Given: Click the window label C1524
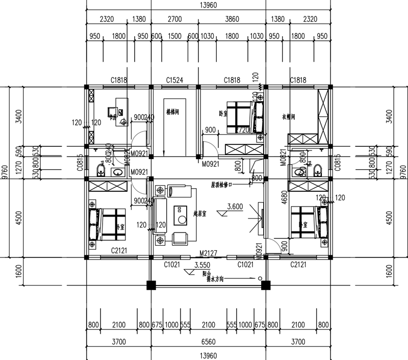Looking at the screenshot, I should [174, 80].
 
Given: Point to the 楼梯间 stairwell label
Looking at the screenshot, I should [172, 112].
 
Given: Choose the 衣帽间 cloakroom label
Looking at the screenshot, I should [289, 116].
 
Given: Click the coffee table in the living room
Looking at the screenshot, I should [181, 215].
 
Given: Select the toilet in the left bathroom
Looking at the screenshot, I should [101, 168].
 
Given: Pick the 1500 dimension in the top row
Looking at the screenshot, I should [174, 36].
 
